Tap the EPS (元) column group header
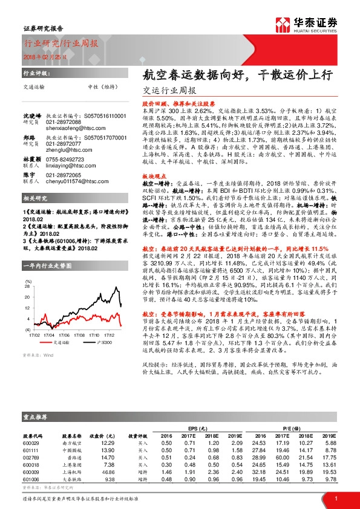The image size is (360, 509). [x=192, y=427]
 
